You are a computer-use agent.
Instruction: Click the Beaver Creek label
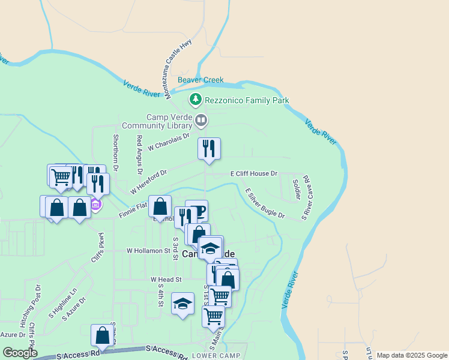point(200,80)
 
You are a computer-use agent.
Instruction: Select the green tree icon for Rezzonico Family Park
point(194,99)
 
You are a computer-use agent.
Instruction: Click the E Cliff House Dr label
point(254,173)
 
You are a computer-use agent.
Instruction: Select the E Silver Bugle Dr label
point(264,203)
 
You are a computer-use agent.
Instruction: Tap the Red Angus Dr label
point(139,154)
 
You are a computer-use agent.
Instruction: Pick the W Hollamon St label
point(148,251)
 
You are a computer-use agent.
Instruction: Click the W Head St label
point(166,280)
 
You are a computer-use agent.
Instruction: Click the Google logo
point(20,353)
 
